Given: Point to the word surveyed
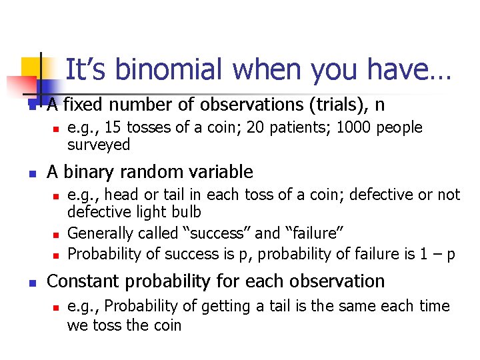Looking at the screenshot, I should pyautogui.click(x=99, y=145).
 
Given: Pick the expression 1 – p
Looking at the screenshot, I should pyautogui.click(x=441, y=254).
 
